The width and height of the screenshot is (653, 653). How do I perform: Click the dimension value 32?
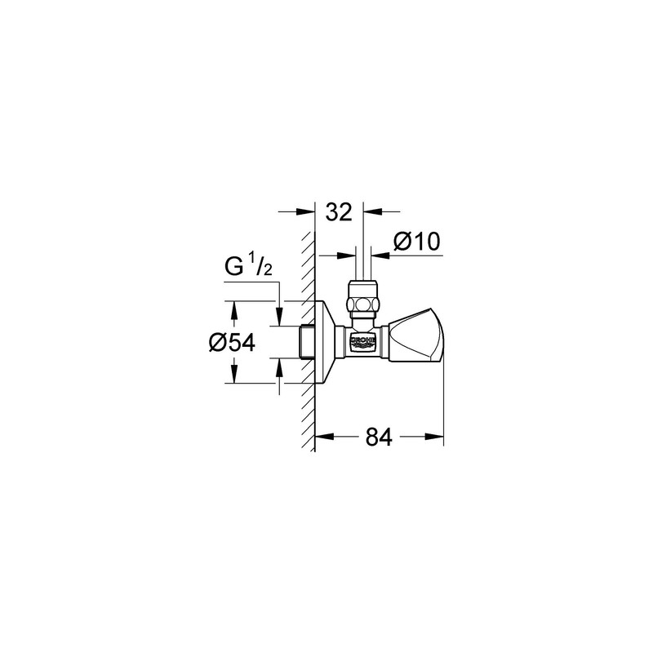pyautogui.click(x=338, y=212)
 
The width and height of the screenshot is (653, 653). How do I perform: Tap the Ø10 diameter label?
pyautogui.click(x=416, y=242)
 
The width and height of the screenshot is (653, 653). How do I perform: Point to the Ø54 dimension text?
pyautogui.click(x=232, y=344)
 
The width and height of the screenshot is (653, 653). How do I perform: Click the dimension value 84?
pyautogui.click(x=378, y=438)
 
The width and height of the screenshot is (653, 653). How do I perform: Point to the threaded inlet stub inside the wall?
pyautogui.click(x=307, y=342)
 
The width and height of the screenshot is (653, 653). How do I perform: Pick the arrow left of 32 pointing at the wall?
pyautogui.click(x=309, y=212)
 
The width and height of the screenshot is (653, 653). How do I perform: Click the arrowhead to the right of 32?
pyautogui.click(x=369, y=212)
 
